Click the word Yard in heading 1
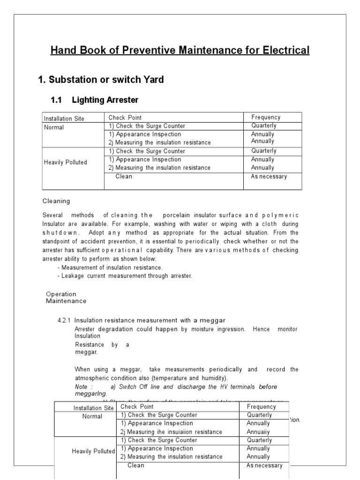tap(153, 80)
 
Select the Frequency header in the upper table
tap(266, 117)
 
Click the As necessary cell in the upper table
tap(269, 177)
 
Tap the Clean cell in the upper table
tap(124, 177)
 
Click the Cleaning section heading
tap(56, 201)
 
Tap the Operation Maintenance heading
tap(66, 298)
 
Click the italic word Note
tap(81, 387)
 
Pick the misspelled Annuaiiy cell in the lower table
tap(258, 432)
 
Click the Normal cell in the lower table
tap(92, 416)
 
